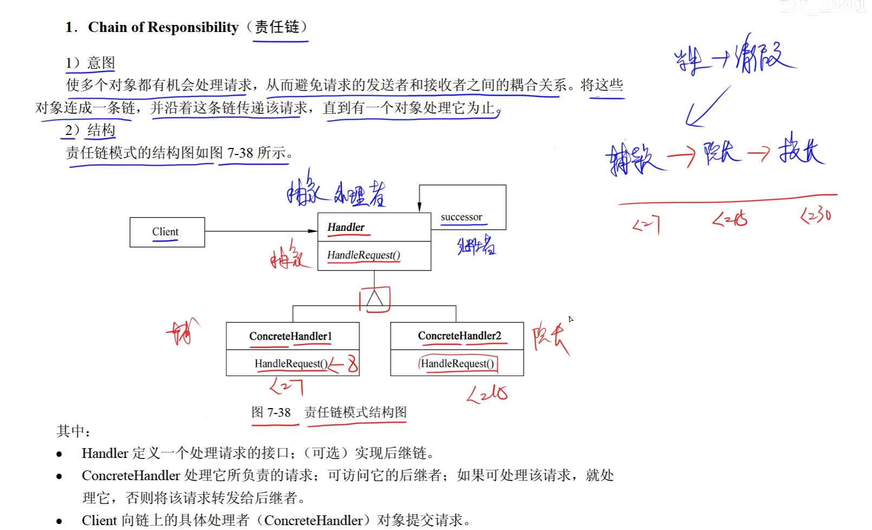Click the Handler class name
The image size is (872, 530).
(x=346, y=227)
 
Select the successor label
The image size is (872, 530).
(x=461, y=217)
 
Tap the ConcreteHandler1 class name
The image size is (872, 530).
(x=290, y=336)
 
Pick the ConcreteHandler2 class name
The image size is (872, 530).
(x=459, y=335)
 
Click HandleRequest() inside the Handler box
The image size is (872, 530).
(x=363, y=255)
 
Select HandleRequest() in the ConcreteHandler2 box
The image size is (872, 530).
(x=457, y=364)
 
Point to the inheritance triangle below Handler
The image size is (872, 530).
(x=374, y=298)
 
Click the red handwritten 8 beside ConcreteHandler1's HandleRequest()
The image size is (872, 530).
(x=353, y=363)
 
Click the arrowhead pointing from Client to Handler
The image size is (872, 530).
(x=313, y=231)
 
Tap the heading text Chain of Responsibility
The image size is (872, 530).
(x=163, y=27)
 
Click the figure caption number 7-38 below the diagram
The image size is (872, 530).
(x=278, y=412)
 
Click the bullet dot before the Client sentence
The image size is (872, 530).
(x=59, y=521)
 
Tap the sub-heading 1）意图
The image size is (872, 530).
(x=90, y=63)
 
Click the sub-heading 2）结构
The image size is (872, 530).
(x=90, y=130)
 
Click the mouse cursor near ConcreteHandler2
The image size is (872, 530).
(x=570, y=319)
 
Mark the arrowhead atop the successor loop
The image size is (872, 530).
(x=419, y=207)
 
